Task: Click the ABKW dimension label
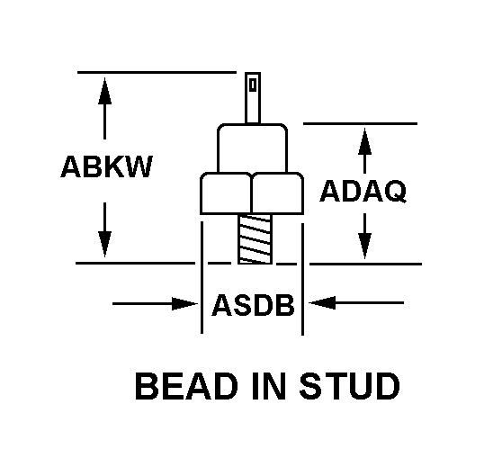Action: [107, 166]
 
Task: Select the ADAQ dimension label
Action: [363, 191]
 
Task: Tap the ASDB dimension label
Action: [253, 305]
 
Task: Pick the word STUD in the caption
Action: [350, 386]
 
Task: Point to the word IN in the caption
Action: [269, 386]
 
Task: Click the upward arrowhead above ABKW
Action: [104, 91]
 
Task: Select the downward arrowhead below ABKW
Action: [104, 244]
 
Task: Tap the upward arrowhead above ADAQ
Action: [364, 142]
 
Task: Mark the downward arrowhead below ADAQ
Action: [364, 246]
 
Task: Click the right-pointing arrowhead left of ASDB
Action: [185, 303]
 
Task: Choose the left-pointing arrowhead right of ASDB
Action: [322, 302]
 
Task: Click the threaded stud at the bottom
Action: [255, 239]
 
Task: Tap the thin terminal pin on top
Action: [253, 98]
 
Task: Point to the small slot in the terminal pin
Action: [253, 85]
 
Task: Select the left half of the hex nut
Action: [226, 193]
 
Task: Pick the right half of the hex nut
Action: [278, 193]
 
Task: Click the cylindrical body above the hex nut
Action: [252, 148]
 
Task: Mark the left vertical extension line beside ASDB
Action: [202, 277]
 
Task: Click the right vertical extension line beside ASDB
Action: [302, 279]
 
